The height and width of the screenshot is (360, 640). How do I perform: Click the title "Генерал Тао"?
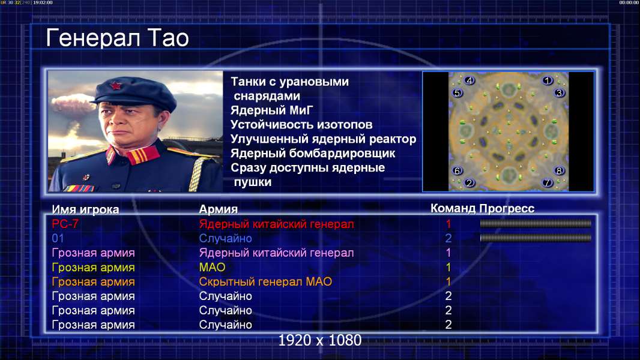[117, 38]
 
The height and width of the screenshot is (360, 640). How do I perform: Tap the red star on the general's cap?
[116, 86]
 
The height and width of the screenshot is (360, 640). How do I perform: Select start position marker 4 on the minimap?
[469, 80]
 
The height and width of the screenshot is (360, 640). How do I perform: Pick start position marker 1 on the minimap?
[547, 80]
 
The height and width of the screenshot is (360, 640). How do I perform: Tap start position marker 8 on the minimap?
[559, 170]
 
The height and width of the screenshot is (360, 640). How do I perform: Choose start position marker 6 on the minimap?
[457, 170]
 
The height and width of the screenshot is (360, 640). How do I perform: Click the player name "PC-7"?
[65, 224]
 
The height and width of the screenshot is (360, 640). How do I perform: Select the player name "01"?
[58, 238]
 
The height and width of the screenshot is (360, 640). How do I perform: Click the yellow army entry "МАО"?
[213, 267]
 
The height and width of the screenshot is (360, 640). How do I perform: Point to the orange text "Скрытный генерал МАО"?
[265, 281]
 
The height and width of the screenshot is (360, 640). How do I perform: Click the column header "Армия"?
[219, 209]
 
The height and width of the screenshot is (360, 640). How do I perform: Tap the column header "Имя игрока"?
[85, 209]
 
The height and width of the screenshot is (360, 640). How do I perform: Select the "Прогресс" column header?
[507, 208]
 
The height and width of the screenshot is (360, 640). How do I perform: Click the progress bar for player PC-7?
[536, 223]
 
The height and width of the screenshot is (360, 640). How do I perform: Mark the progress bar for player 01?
[536, 238]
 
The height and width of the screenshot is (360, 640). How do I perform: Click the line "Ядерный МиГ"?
[272, 110]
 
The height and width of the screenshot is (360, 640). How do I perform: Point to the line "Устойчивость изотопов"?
[301, 124]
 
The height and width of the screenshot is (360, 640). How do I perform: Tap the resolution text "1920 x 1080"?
[320, 340]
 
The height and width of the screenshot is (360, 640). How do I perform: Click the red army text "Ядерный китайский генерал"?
[276, 224]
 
